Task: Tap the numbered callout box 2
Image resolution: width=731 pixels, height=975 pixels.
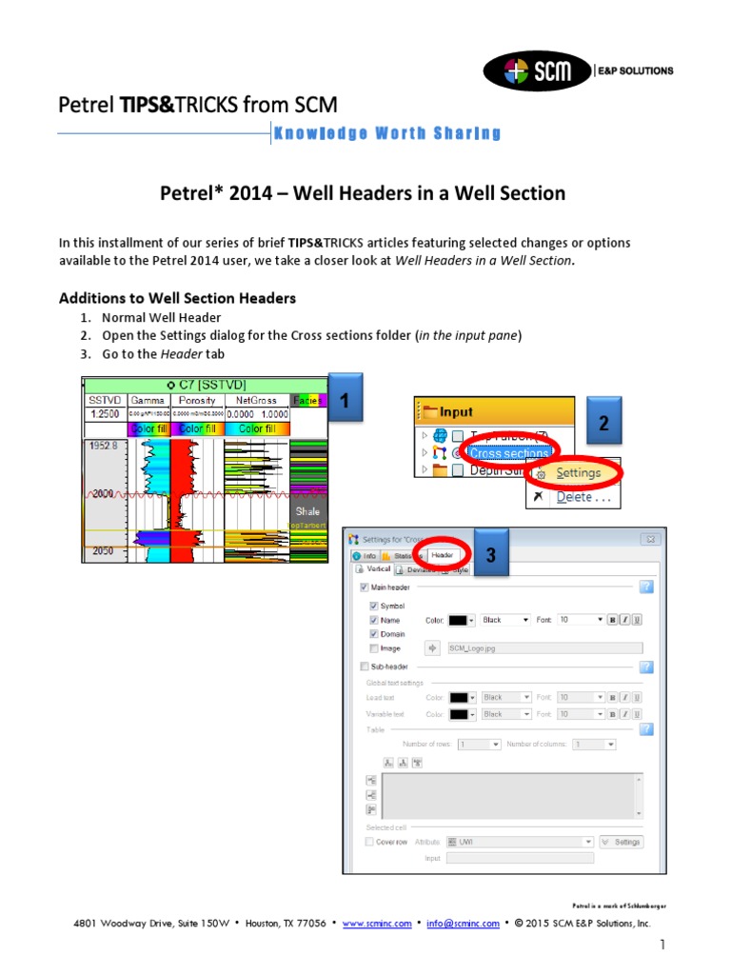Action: tap(602, 424)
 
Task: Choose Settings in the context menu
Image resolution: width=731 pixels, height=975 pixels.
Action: tap(578, 473)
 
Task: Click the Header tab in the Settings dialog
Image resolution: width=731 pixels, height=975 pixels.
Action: tap(443, 555)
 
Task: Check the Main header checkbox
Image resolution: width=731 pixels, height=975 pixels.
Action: tap(365, 587)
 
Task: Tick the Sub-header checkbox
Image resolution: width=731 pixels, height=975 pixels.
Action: tap(365, 667)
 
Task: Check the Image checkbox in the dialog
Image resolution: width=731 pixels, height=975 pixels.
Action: tap(373, 648)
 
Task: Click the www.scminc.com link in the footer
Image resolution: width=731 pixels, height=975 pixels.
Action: tap(377, 924)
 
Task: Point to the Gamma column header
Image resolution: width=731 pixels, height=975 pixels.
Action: tap(148, 401)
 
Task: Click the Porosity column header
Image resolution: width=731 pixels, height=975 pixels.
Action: tap(198, 401)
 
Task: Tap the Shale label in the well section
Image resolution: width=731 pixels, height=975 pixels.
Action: tap(308, 511)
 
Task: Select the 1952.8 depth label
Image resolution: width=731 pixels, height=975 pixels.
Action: tap(103, 446)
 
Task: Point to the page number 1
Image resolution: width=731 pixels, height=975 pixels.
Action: tap(660, 945)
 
